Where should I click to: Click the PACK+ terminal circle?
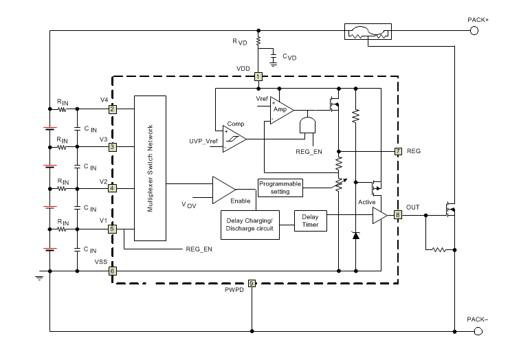coord(475,31)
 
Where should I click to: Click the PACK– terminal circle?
coord(475,331)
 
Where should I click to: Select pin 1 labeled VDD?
coord(258,76)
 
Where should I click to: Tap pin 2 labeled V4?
coord(112,109)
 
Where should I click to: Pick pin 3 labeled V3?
coord(112,146)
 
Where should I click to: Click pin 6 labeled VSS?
coord(112,271)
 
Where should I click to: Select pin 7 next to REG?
coord(398,150)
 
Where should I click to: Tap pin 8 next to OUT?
coord(398,215)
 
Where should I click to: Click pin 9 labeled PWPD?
coord(252,283)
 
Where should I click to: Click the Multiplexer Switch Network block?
coord(150,168)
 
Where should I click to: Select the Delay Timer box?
coord(311,221)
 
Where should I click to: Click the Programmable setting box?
coord(280,187)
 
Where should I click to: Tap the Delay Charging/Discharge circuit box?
coord(250,225)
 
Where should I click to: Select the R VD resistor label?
coord(239,43)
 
